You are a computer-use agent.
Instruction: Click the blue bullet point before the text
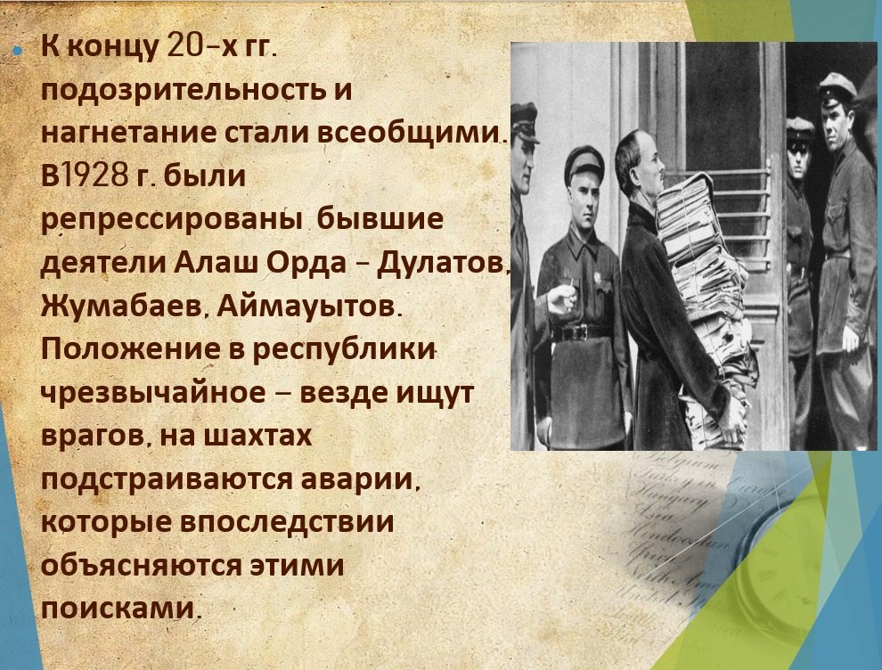(x=18, y=50)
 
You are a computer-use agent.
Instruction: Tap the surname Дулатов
(x=443, y=263)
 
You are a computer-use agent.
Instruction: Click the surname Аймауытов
(x=307, y=306)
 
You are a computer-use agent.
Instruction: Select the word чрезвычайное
(x=153, y=391)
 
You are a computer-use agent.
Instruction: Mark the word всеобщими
(x=409, y=134)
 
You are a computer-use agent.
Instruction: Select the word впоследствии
(x=287, y=521)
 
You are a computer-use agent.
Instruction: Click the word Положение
(x=130, y=348)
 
